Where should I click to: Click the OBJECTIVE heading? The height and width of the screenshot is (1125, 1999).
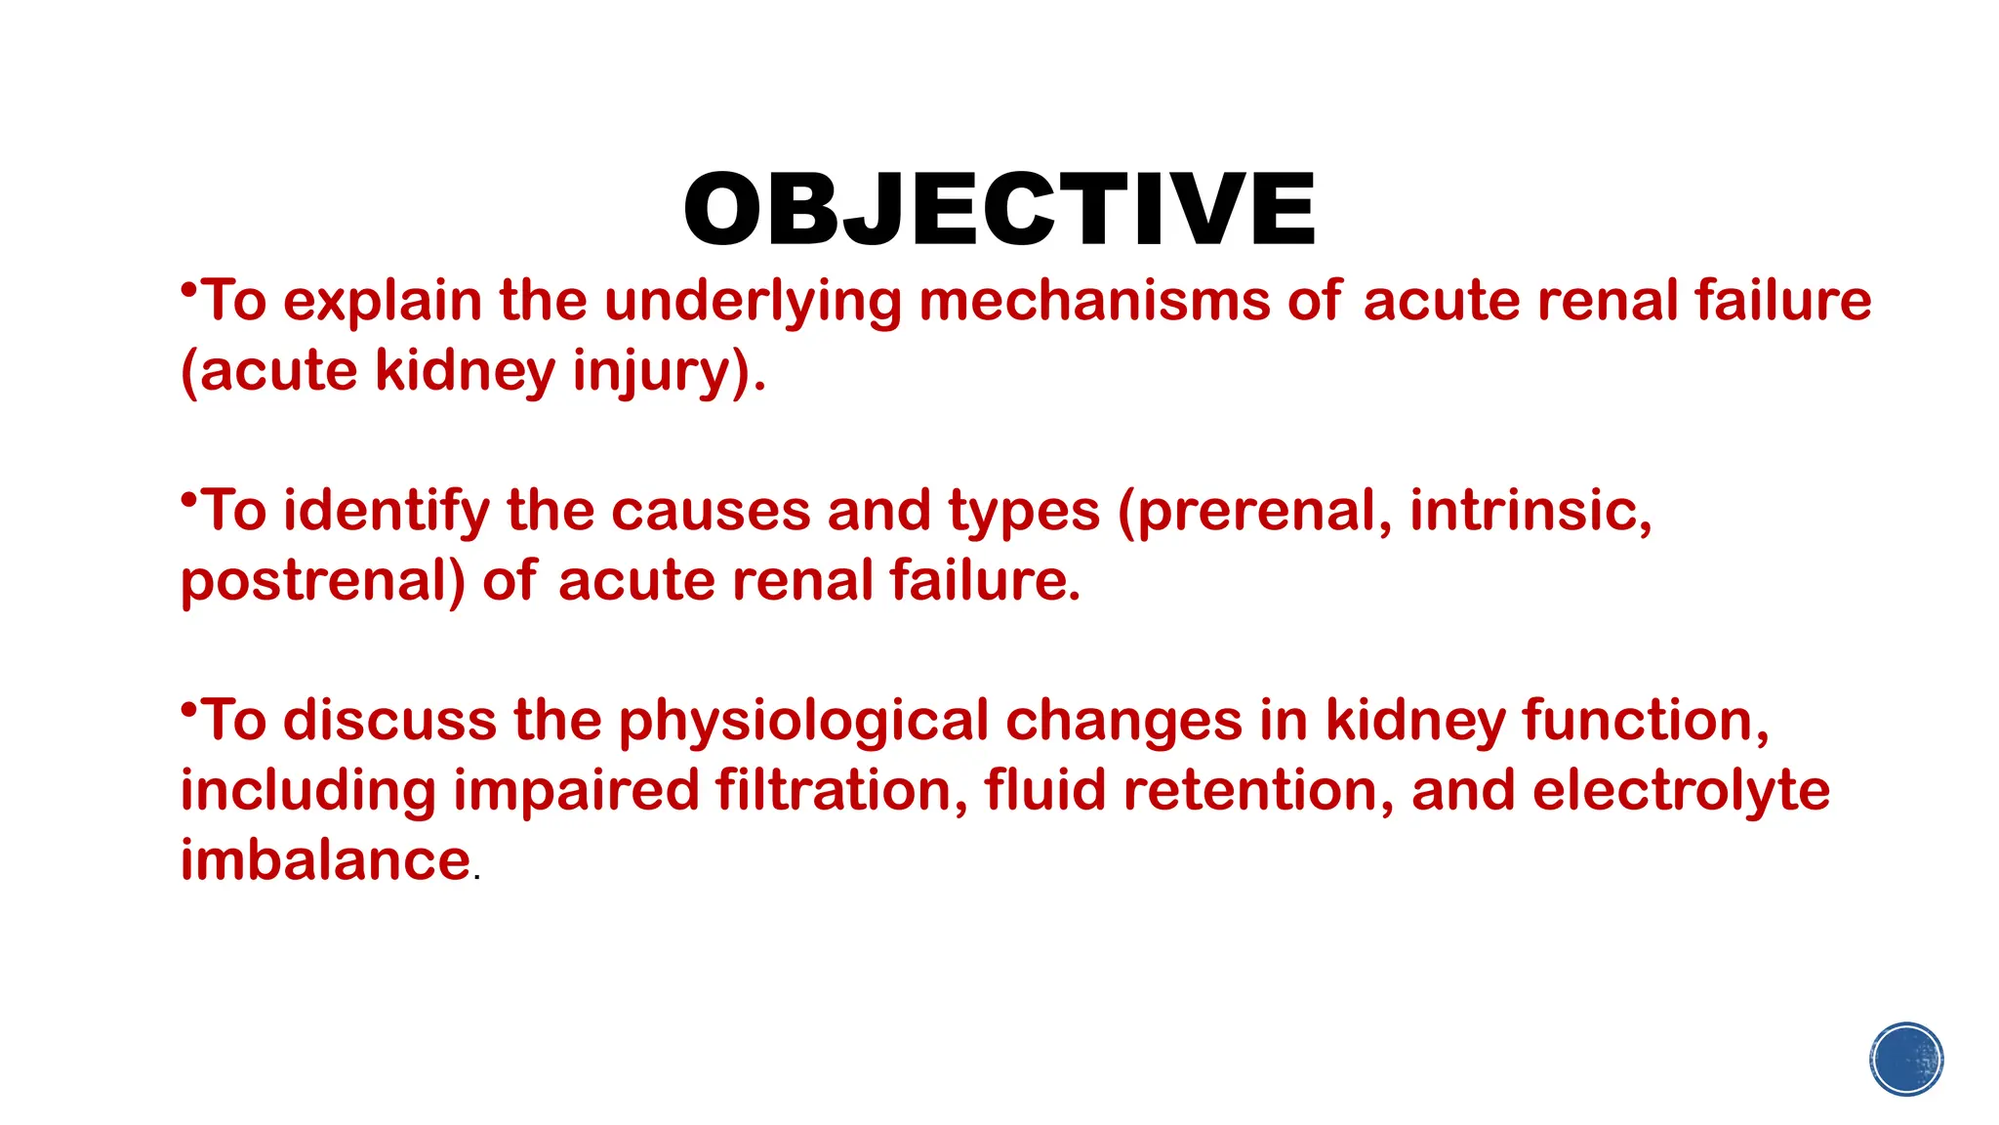(999, 210)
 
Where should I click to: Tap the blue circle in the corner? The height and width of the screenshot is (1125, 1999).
(1906, 1060)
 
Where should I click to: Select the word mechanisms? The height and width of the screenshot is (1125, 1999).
(1094, 301)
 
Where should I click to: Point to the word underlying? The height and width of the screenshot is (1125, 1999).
(753, 303)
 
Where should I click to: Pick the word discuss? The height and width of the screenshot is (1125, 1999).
(389, 721)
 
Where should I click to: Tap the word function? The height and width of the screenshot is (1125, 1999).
(1646, 721)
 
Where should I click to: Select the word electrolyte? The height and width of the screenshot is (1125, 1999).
(1680, 792)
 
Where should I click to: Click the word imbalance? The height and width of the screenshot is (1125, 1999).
(326, 860)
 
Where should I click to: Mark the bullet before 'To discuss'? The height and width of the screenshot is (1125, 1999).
(188, 709)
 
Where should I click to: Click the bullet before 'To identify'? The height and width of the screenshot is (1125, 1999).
(188, 499)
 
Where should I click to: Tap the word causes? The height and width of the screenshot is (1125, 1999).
(711, 512)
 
